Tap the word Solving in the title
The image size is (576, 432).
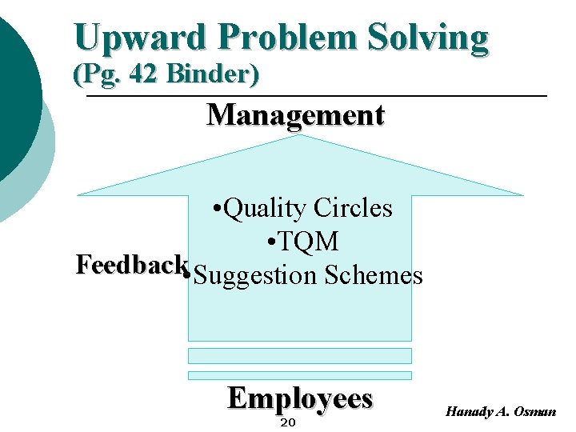[428, 38]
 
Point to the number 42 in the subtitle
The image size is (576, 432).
[137, 75]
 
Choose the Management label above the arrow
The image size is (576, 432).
[295, 115]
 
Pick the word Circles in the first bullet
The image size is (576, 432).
[353, 208]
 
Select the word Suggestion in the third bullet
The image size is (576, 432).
[255, 276]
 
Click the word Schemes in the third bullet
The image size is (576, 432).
[374, 276]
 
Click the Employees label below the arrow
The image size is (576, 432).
[300, 398]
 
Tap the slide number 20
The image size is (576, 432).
[289, 422]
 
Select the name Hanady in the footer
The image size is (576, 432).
[470, 411]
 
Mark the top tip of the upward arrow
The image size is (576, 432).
[300, 136]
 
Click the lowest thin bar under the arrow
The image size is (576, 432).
[300, 375]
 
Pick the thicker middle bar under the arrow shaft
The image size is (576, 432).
[300, 355]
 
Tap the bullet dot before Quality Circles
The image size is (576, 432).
[218, 210]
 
